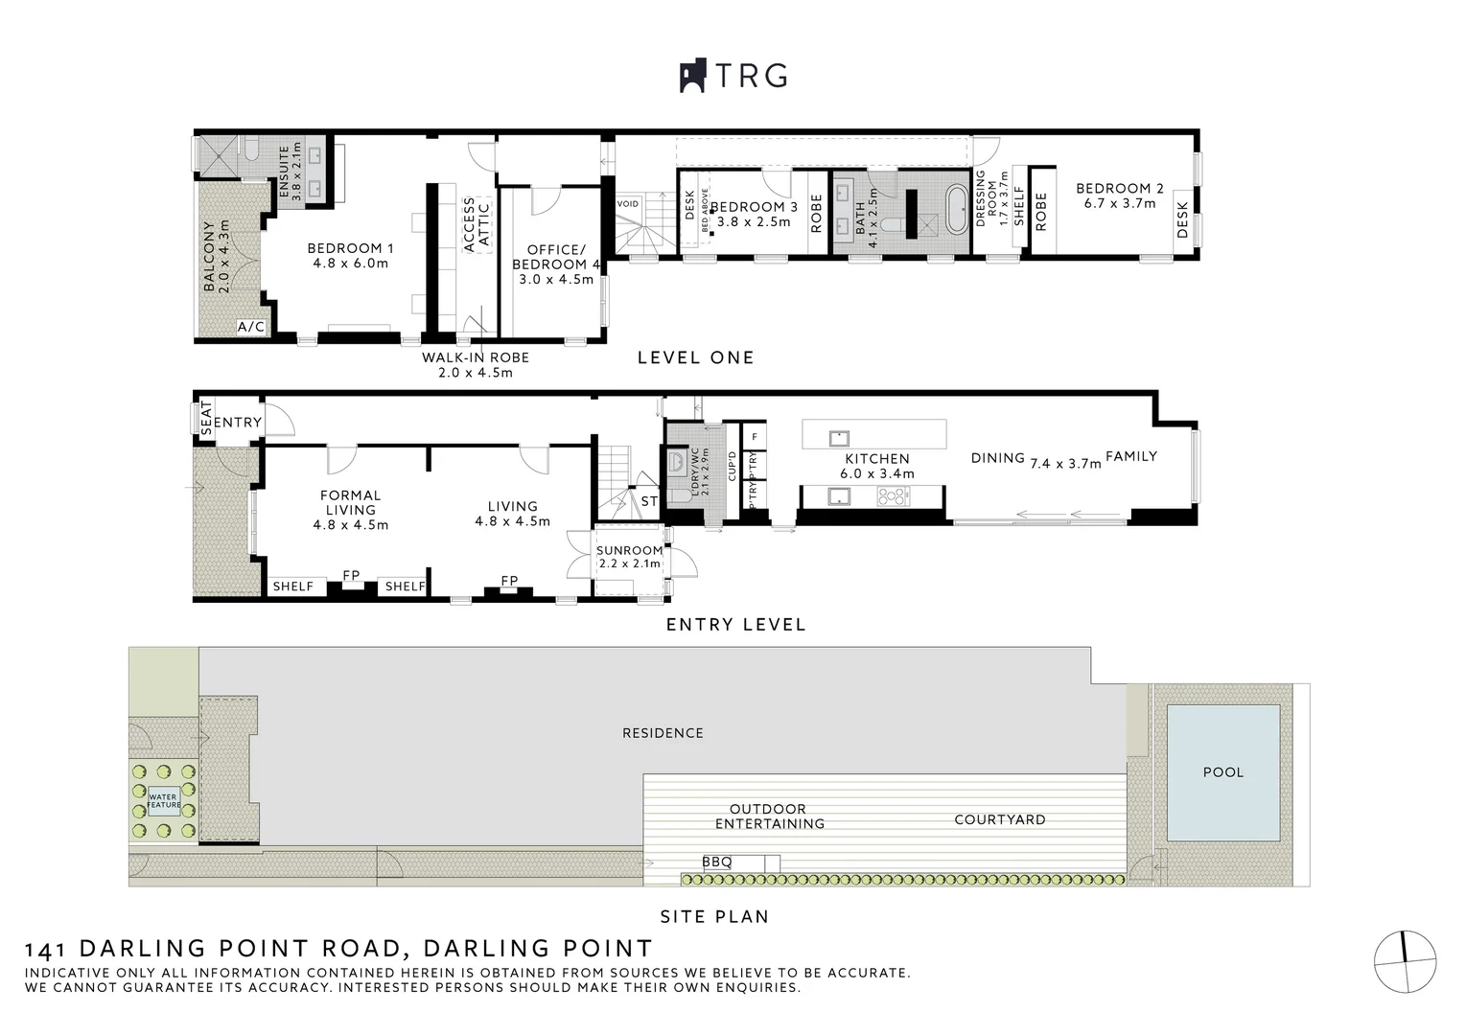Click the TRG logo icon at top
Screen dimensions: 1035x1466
coord(692,77)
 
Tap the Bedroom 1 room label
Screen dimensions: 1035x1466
coord(351,248)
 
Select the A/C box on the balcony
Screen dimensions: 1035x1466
coord(251,328)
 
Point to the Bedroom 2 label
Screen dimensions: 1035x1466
coord(1119,189)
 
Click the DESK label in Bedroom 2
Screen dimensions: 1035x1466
coord(1182,219)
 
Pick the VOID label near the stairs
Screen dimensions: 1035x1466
coord(627,204)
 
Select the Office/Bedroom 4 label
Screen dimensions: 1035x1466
coord(555,257)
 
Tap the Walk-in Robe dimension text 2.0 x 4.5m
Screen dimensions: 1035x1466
coord(476,373)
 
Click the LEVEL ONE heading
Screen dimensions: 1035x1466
coord(696,357)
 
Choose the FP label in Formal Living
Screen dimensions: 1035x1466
coord(351,576)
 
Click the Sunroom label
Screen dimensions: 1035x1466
coord(629,551)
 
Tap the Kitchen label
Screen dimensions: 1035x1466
coord(877,459)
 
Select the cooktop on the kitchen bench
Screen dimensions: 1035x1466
coord(894,496)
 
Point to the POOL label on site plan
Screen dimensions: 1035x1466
coord(1222,772)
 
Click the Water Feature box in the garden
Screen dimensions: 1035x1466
coord(163,800)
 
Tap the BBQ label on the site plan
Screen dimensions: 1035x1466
coord(716,862)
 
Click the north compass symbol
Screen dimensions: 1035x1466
coord(1405,961)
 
